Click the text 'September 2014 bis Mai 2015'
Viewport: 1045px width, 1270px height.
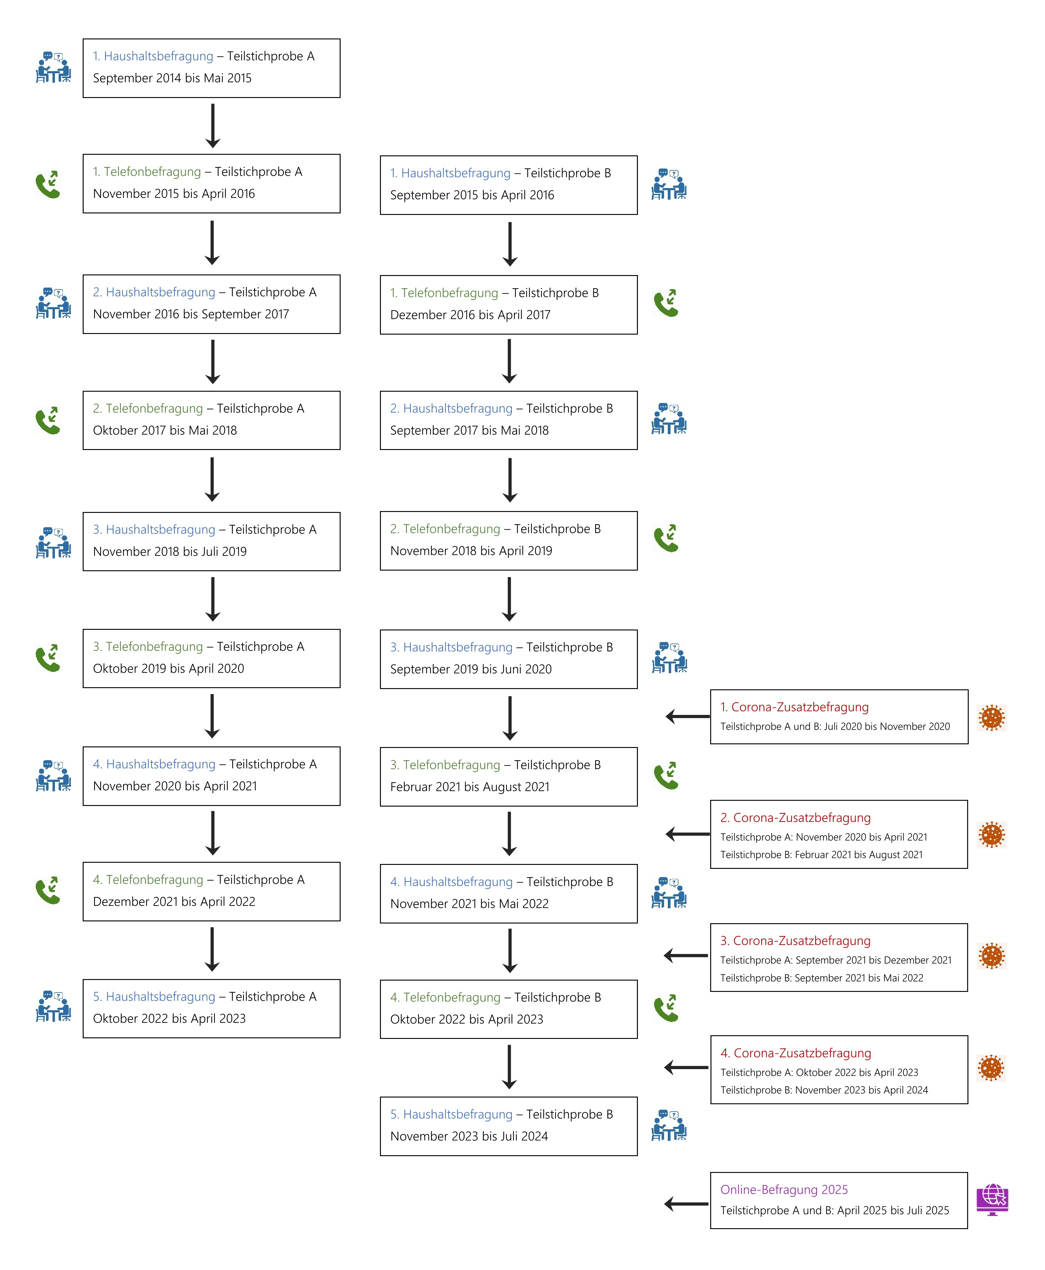[172, 78]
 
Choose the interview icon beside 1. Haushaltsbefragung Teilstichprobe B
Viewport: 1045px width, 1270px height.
[669, 184]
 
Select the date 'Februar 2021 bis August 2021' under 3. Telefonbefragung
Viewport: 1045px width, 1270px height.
[469, 787]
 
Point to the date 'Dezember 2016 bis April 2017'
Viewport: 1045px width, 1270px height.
[470, 315]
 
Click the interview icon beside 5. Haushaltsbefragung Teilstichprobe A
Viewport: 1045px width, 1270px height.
[54, 1006]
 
